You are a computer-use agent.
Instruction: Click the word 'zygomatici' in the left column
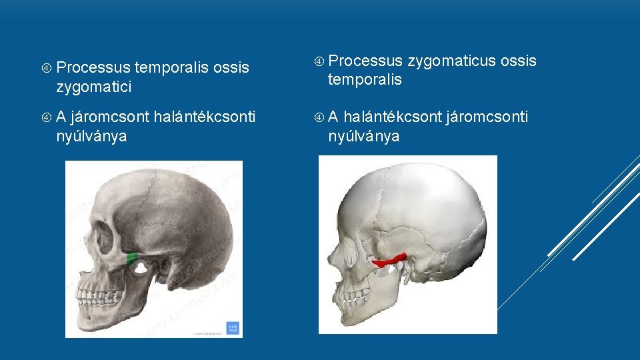94,87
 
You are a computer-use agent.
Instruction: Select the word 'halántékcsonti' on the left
204,117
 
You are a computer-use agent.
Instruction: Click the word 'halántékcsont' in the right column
393,117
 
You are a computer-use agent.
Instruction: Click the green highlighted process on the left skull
133,257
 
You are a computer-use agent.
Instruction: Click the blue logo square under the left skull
232,328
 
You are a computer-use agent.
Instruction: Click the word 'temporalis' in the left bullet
172,67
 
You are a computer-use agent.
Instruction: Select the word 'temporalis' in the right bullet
365,80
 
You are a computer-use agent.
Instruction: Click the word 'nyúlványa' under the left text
93,137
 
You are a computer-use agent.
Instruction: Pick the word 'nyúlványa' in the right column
363,137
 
